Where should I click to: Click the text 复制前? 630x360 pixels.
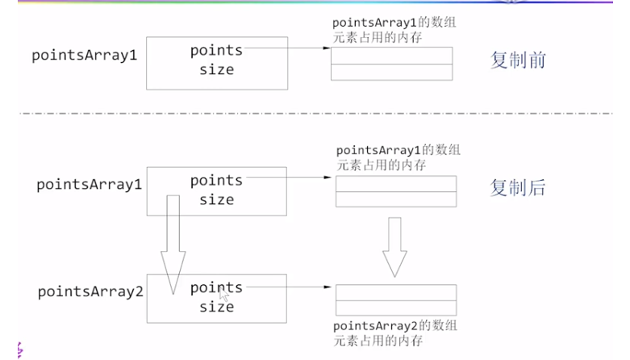(x=519, y=60)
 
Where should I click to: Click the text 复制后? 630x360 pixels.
(x=518, y=187)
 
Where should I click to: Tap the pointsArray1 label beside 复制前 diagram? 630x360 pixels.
(x=84, y=56)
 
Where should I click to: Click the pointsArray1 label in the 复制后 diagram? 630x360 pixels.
(x=89, y=184)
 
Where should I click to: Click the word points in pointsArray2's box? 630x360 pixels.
(x=215, y=287)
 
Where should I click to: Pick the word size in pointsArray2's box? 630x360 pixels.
(x=216, y=307)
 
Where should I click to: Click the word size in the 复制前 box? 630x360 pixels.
(x=216, y=69)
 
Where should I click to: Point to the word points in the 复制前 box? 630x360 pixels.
(x=216, y=51)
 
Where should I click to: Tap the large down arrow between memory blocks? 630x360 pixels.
(x=395, y=245)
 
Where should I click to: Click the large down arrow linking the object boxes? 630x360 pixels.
(x=172, y=242)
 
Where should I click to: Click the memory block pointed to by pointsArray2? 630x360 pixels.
(x=395, y=299)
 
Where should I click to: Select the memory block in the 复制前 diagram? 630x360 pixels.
(x=390, y=63)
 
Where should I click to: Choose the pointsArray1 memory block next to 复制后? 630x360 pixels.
(x=395, y=191)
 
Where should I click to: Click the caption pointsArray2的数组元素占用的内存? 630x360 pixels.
(x=395, y=333)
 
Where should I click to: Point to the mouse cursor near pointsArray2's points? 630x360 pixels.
(x=223, y=296)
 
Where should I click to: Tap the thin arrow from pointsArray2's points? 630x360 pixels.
(x=286, y=287)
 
